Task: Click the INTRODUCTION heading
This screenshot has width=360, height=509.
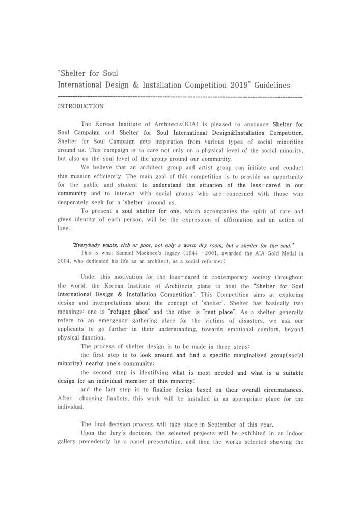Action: [x=81, y=106]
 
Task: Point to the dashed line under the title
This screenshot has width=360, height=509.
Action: [x=180, y=96]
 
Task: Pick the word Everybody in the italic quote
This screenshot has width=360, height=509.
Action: [x=88, y=244]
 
